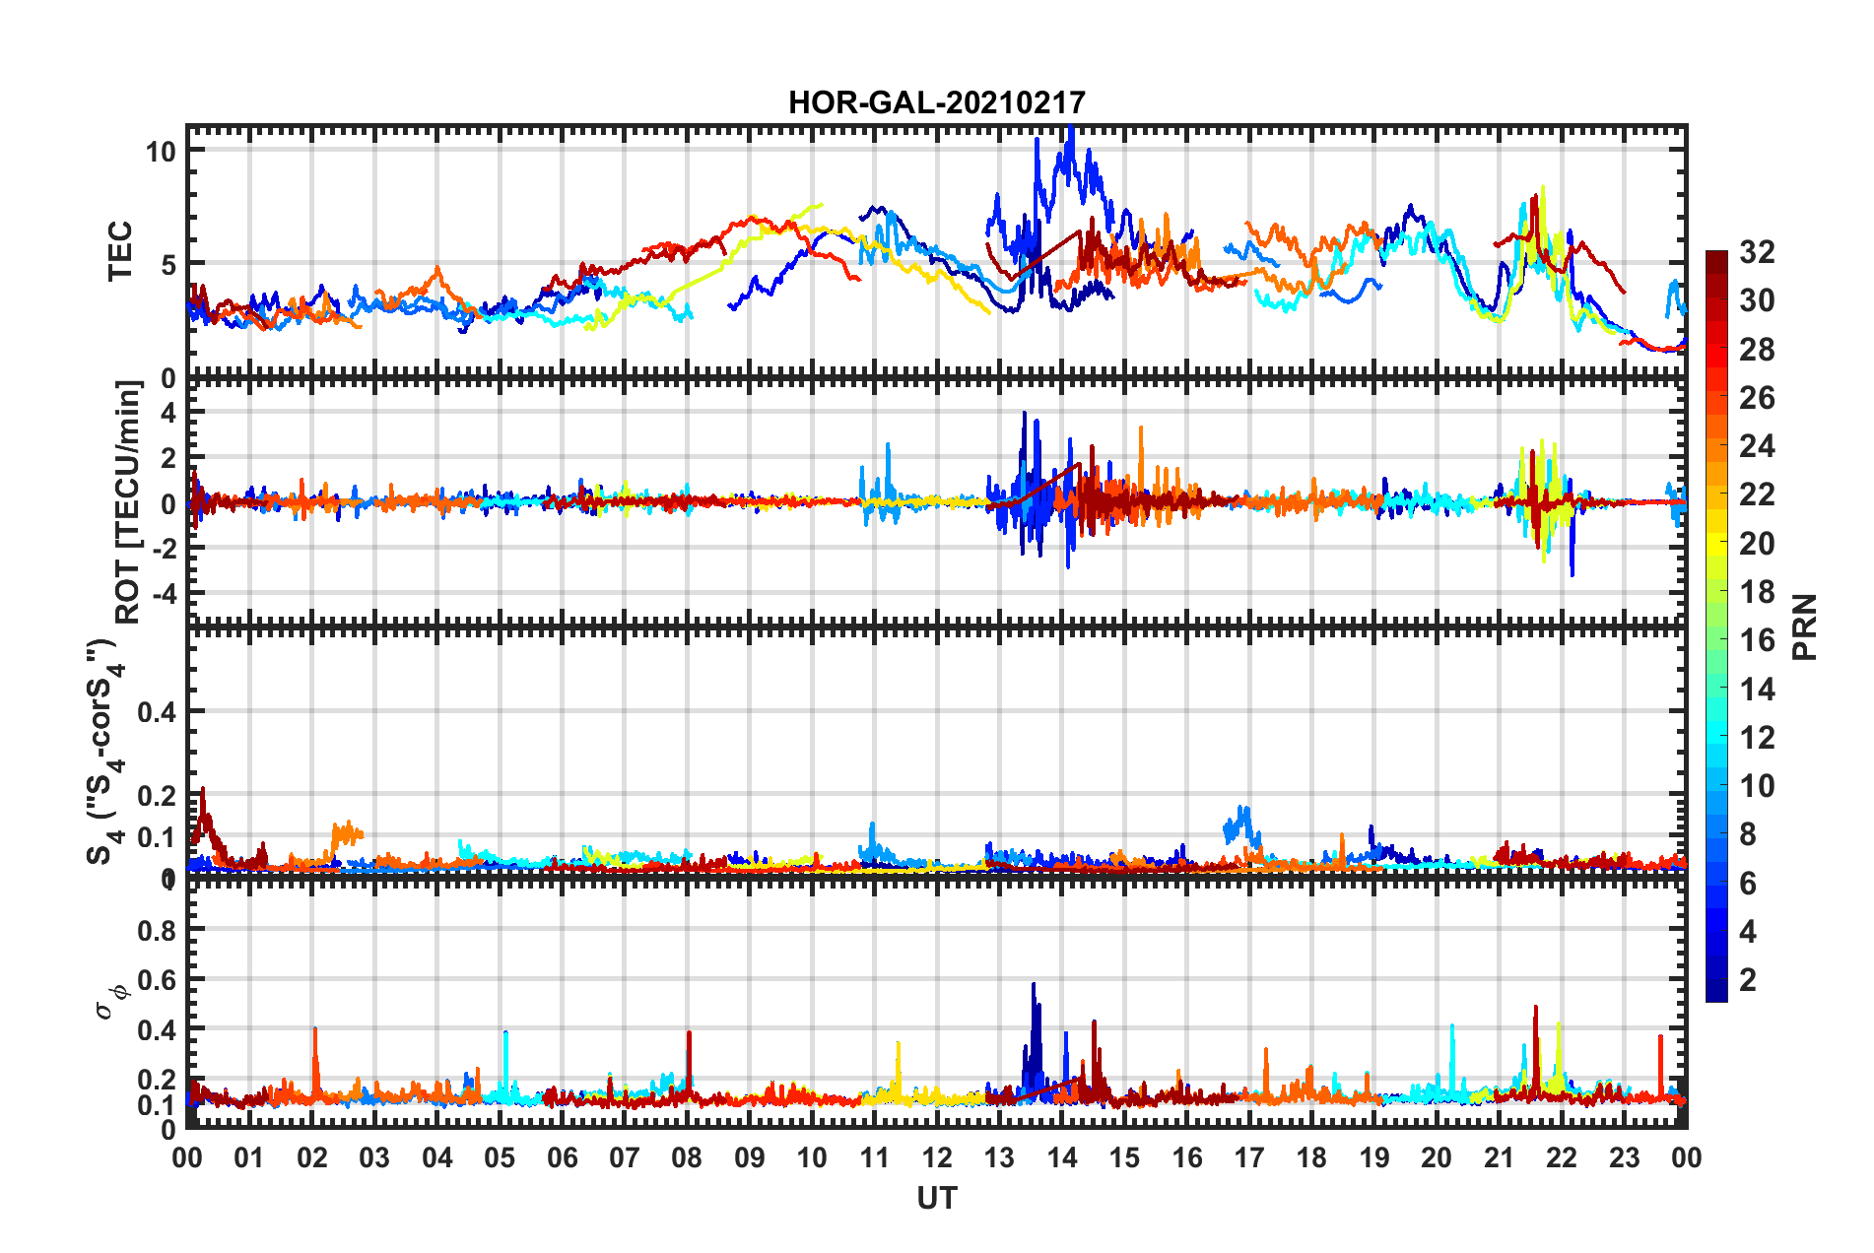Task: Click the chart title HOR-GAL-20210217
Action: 936,102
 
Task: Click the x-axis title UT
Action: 936,1198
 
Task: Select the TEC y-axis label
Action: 119,251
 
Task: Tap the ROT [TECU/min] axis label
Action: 128,502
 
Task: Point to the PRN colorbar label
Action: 1805,626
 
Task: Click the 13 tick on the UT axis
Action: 999,1157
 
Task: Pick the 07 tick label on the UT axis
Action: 624,1157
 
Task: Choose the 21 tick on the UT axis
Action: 1499,1157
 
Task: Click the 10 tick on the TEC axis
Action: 161,152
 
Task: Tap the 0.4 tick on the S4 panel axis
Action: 157,711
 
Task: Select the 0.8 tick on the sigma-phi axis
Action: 157,930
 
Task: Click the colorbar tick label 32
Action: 1757,252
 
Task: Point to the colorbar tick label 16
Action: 1757,640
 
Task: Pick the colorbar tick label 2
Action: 1749,979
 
